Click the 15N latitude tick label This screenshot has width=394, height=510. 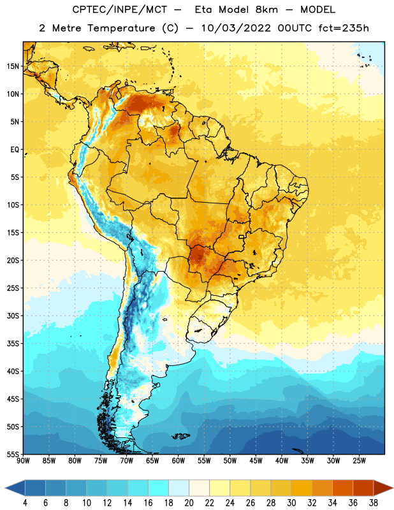[13, 66]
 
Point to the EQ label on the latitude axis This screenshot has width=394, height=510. [15, 150]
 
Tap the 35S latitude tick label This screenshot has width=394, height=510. [13, 344]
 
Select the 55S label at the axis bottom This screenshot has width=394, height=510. [13, 454]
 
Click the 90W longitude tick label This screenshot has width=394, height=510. [23, 461]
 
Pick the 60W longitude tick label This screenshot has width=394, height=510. [179, 461]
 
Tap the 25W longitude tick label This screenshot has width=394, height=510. [360, 461]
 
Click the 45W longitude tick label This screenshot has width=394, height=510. [256, 461]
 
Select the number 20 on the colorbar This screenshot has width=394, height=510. [189, 503]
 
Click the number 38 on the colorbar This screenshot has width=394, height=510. [373, 503]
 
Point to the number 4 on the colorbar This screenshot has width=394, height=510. [25, 503]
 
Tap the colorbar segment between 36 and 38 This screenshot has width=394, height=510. [363, 488]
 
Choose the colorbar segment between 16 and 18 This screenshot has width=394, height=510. [159, 488]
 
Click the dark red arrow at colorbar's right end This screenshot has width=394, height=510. [383, 488]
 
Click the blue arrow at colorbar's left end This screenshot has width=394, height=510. [15, 488]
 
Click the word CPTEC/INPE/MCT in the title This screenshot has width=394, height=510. [120, 10]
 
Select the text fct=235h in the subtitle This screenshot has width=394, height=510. [344, 28]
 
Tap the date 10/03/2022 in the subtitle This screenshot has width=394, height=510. [235, 28]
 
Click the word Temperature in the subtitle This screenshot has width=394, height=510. [121, 29]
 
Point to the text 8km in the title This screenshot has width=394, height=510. [266, 10]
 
